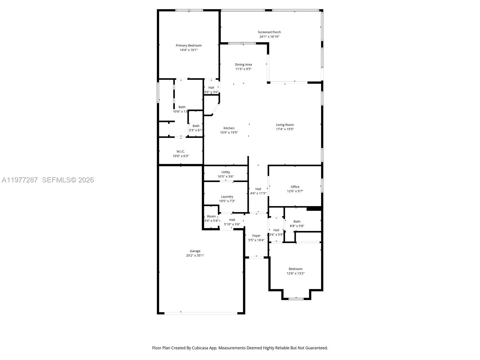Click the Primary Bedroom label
tap(189, 46)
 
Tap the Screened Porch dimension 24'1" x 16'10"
tap(269, 37)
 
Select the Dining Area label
tap(243, 64)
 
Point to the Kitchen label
tap(229, 128)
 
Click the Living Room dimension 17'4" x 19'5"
tap(285, 129)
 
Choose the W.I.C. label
tap(181, 151)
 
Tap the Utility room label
tap(226, 172)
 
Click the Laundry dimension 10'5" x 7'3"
tap(227, 201)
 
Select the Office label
tap(295, 187)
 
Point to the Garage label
tap(195, 251)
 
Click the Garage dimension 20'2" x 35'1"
tap(195, 256)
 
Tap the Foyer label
tap(256, 236)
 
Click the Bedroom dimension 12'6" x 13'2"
tap(296, 274)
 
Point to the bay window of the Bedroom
tap(296, 298)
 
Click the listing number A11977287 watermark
tap(20, 180)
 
